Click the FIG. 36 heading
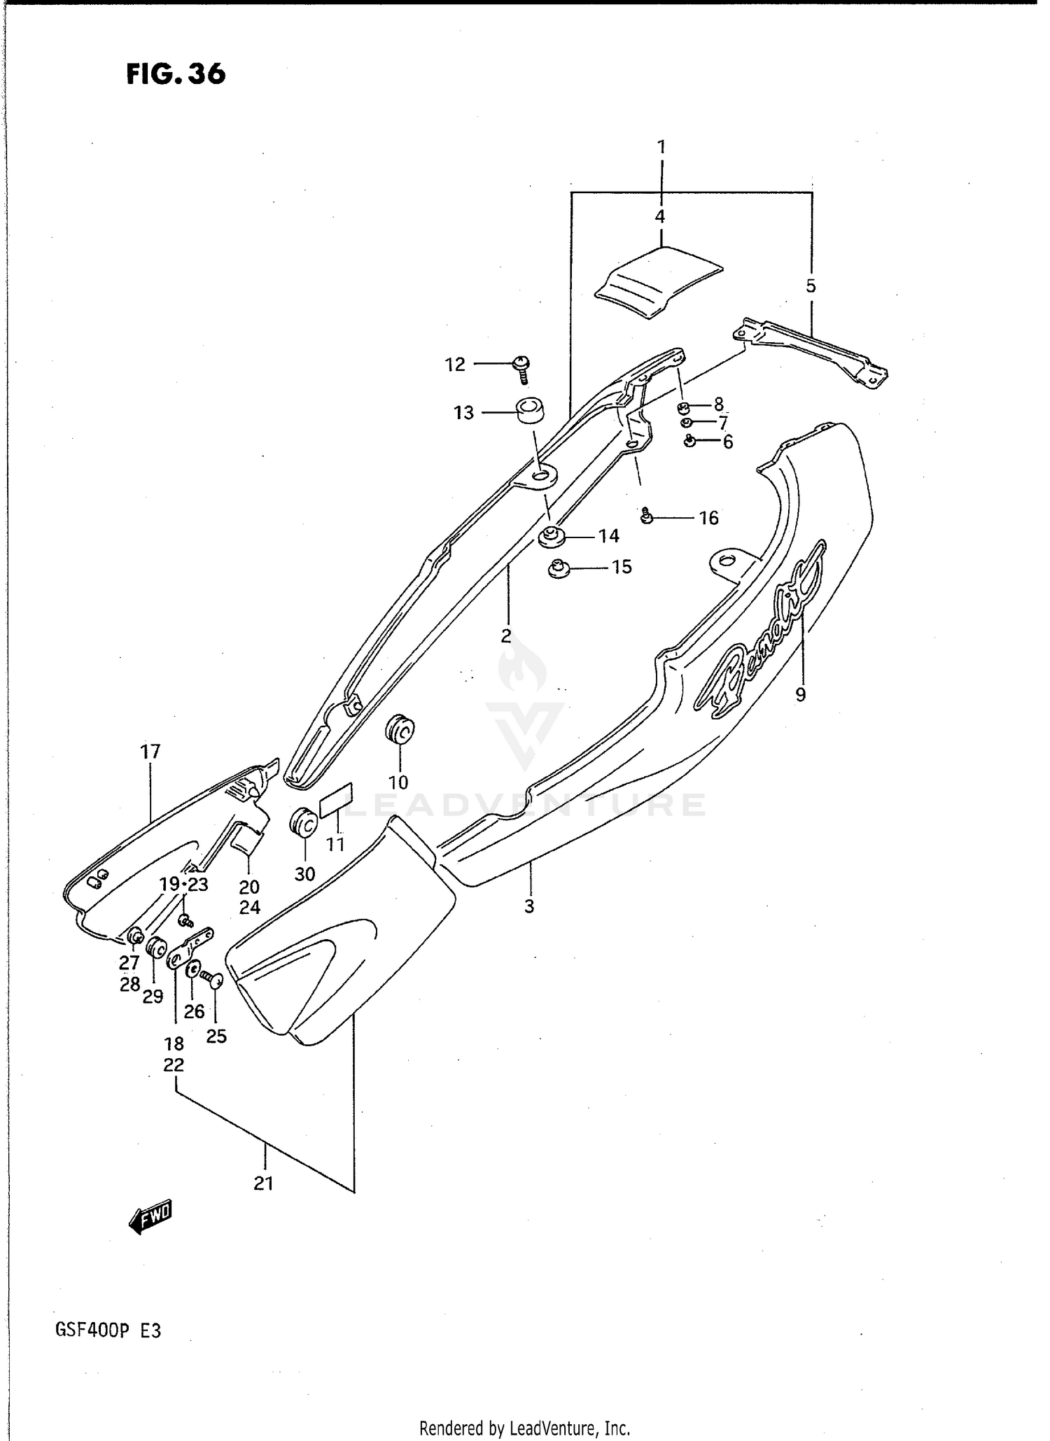click(176, 73)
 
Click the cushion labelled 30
click(304, 822)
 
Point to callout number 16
click(708, 518)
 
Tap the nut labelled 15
click(558, 569)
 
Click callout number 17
click(150, 752)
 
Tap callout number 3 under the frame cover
click(529, 906)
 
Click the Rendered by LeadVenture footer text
click(524, 1428)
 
